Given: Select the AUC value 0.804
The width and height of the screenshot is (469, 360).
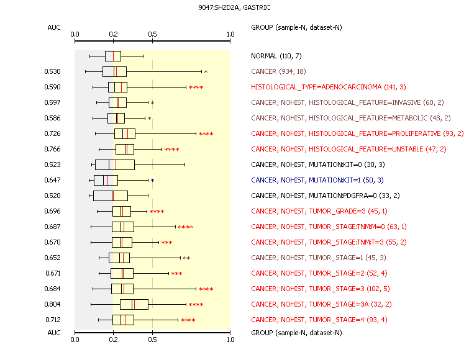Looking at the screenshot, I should point(53,304).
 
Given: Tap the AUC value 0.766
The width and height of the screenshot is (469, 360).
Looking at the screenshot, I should point(53,149).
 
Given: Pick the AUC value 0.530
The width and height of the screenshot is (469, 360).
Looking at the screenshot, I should point(53,71).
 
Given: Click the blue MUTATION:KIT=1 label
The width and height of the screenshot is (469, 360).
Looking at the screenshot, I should point(317,180).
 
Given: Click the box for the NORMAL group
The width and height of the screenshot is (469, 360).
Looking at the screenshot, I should point(113,56).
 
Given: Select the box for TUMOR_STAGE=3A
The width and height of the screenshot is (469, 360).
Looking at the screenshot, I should point(134,304).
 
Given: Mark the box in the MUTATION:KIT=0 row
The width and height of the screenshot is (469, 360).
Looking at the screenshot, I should point(114,164).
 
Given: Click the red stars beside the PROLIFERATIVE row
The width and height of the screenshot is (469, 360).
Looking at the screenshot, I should point(206,134).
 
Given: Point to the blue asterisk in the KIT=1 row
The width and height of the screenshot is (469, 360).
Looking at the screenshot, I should point(152,181).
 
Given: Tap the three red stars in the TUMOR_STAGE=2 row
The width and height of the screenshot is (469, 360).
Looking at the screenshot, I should point(176,274).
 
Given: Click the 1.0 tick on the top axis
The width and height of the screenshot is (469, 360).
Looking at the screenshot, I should point(230,34).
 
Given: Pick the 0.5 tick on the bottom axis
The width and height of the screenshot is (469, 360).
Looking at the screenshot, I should point(153,340).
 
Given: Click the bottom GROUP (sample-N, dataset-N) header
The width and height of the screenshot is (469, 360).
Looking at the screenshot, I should point(296,333).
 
